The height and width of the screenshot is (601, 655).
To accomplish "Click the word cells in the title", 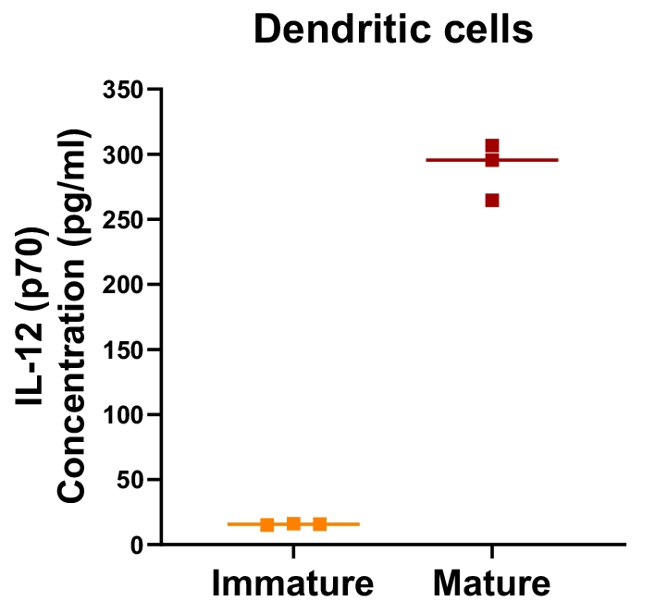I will (x=488, y=31).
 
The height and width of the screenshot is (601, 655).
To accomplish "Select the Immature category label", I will (x=292, y=584).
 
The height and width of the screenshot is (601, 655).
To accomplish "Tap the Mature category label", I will (x=491, y=584).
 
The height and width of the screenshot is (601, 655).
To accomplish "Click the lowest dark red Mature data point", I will (x=492, y=200).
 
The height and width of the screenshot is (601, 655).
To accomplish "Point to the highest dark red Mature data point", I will (x=492, y=146).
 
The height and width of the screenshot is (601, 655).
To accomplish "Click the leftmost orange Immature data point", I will (x=266, y=525).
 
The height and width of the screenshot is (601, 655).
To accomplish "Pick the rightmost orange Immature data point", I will (x=320, y=524).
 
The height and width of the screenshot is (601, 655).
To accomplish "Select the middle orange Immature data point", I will (x=293, y=524).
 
